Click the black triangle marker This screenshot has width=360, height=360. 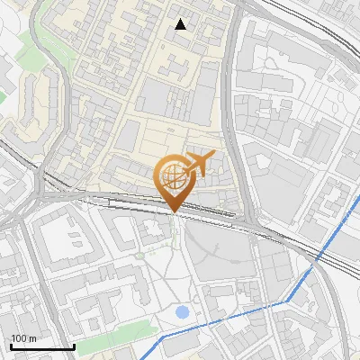pos(181,24)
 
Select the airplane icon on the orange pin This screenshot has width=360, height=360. pos(199,164)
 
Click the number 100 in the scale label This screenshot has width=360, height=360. pos(19,337)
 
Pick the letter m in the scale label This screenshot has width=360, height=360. pos(33,337)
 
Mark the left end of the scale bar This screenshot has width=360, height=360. pos(11,346)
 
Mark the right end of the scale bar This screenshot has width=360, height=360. pos(74,346)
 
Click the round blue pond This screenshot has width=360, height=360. pos(183,312)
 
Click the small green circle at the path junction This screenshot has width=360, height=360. pos(140,255)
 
